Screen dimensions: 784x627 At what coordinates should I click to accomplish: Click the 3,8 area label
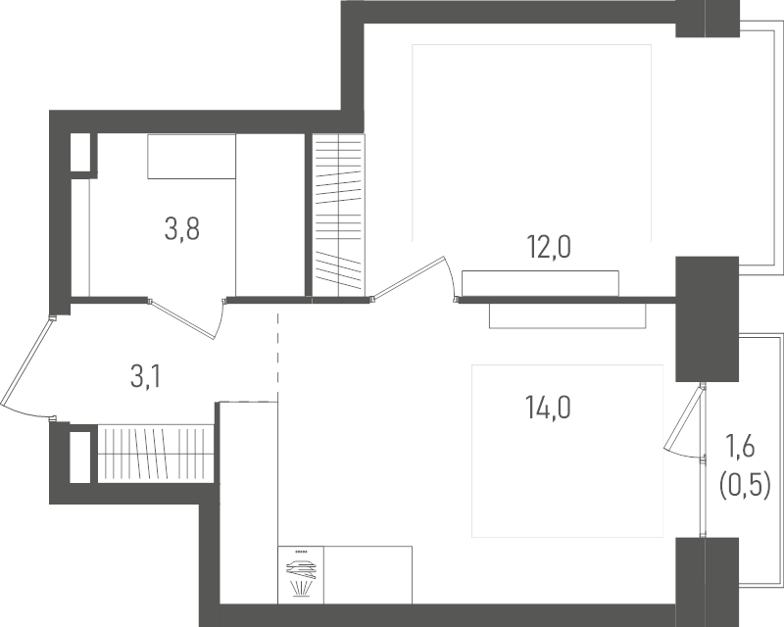182,230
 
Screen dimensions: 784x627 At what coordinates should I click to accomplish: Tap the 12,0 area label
549,247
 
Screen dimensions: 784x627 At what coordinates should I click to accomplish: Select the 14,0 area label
548,407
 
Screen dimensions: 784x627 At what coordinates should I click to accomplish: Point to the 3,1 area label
146,377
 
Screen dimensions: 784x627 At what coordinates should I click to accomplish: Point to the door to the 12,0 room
409,278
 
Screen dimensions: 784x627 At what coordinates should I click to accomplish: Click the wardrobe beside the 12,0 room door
338,215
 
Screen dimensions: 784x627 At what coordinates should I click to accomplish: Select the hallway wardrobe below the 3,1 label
156,454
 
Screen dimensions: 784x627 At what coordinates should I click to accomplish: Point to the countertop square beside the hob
368,575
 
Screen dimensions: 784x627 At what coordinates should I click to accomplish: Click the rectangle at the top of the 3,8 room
191,156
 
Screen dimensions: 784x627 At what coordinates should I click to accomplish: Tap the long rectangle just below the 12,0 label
541,283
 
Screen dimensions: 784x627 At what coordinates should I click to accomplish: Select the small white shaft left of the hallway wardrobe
80,457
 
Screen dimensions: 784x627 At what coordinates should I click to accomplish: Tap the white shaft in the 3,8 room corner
80,152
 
